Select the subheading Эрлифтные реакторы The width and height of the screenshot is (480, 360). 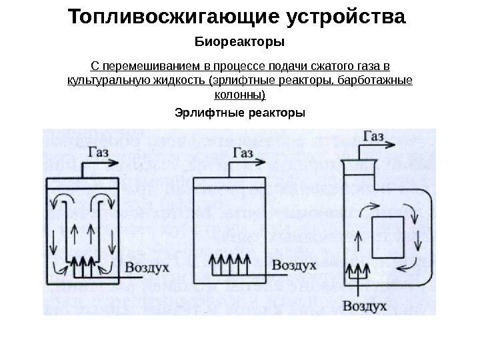(239, 113)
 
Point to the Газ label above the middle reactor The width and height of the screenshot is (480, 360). (244, 153)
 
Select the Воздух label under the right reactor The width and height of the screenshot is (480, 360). (366, 307)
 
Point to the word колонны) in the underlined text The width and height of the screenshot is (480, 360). (239, 95)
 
